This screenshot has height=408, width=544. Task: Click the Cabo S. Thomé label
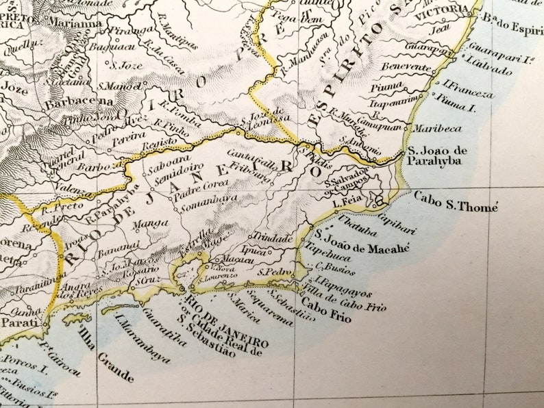click(x=456, y=201)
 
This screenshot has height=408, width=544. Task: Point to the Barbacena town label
click(x=71, y=104)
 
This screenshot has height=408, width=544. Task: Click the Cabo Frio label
click(x=325, y=311)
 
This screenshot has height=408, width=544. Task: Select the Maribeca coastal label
click(x=429, y=127)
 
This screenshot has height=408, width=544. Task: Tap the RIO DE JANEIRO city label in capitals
click(x=226, y=323)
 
